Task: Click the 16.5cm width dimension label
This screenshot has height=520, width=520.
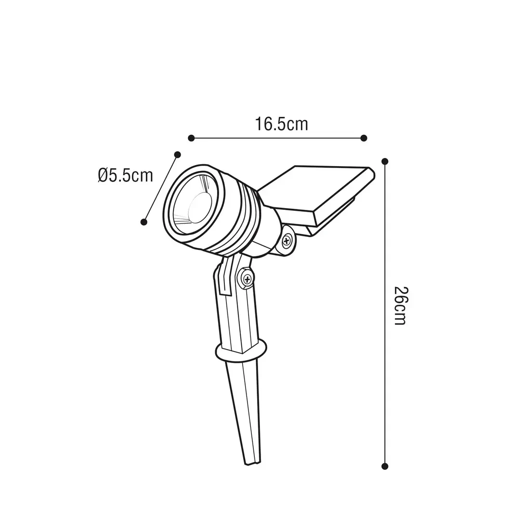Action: (x=281, y=124)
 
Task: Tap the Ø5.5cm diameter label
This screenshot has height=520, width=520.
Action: (x=125, y=175)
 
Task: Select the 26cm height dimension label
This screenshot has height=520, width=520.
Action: (x=401, y=305)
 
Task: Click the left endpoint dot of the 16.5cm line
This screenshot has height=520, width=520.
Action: (x=191, y=138)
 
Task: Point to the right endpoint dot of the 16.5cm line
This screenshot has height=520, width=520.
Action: (x=364, y=138)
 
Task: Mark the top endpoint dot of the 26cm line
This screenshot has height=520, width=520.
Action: (x=385, y=161)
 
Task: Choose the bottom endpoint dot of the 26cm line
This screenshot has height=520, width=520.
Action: (x=385, y=466)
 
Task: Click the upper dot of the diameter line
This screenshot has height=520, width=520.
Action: (x=177, y=155)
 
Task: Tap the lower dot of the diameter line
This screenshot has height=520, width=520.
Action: (x=143, y=222)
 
